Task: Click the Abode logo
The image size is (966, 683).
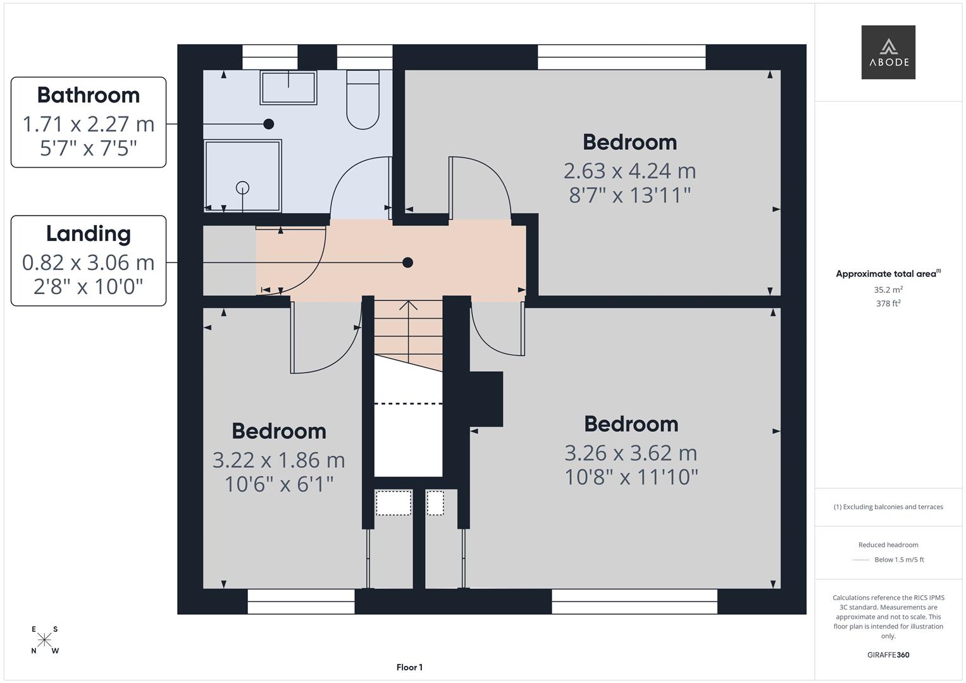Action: point(888,52)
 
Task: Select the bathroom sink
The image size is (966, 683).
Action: point(288,87)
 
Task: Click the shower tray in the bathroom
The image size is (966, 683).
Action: point(242,176)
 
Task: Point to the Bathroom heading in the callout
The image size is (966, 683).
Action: point(89,95)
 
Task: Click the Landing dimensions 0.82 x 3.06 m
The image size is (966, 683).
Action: point(89,262)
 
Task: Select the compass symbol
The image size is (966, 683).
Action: point(44,640)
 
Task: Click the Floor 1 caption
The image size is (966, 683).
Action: point(409,667)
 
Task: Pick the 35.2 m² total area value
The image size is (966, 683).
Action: point(888,290)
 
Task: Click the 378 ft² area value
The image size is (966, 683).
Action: point(888,304)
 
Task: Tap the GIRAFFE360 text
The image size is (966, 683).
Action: point(888,655)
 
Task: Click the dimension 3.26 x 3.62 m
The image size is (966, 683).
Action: point(631,453)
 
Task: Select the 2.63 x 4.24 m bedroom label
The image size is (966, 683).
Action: point(629,171)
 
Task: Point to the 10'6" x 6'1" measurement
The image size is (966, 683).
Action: point(279,484)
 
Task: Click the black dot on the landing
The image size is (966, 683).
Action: point(408,262)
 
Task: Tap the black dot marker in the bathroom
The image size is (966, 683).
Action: point(269,124)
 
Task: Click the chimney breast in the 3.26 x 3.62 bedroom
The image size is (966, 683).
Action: point(486,398)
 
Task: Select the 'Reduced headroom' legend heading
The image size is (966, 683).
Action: point(888,545)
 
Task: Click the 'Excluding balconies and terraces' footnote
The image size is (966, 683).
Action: point(888,507)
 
